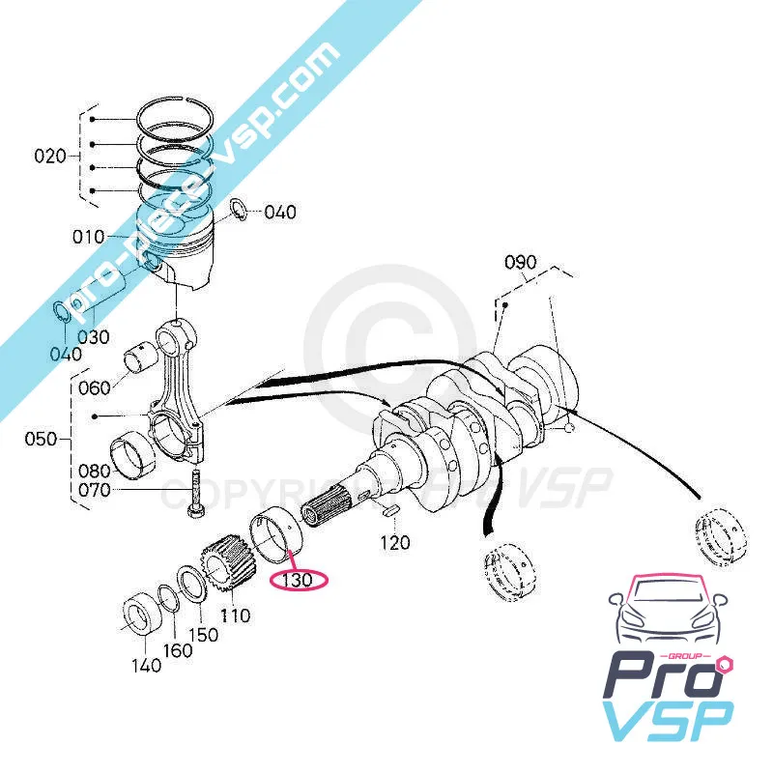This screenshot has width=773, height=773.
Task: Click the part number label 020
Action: pos(48,156)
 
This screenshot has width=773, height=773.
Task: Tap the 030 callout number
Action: pos(95,337)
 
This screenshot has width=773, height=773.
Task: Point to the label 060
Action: pos(94,387)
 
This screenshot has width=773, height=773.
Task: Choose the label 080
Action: pos(94,472)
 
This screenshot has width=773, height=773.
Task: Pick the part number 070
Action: pos(94,491)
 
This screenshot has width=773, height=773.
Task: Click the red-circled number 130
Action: pos(300,580)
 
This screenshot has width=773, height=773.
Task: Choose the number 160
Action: pos(177,649)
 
